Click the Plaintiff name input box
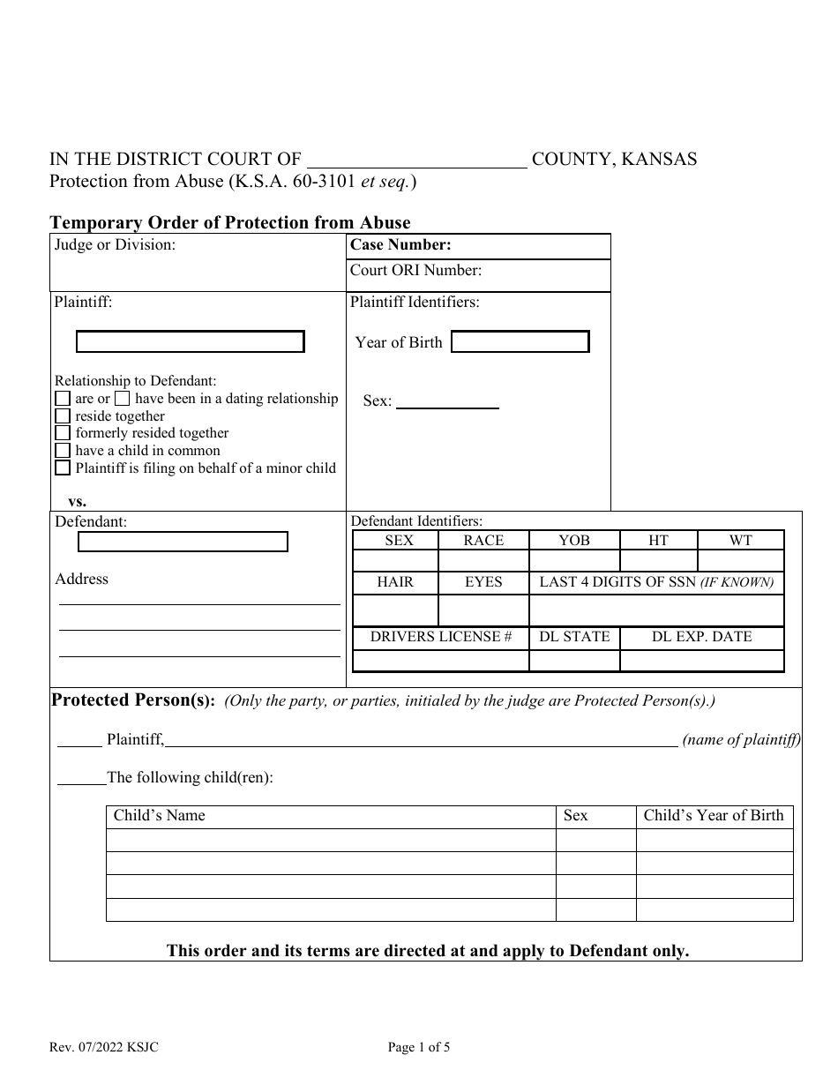point(190,341)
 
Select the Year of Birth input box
point(520,342)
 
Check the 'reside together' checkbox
point(63,415)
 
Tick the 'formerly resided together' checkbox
point(63,433)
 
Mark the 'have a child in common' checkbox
point(63,451)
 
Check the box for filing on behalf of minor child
point(63,468)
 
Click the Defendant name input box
point(183,542)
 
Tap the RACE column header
point(483,541)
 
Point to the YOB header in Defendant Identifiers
point(574,541)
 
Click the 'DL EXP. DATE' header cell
point(701,637)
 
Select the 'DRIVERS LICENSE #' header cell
point(441,637)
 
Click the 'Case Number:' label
point(400,246)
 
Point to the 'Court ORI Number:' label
point(415,271)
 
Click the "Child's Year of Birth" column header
point(713,816)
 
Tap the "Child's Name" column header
point(159,816)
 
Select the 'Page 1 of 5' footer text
point(419,1048)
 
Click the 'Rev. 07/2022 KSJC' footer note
point(104,1048)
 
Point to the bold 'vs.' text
point(77,501)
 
